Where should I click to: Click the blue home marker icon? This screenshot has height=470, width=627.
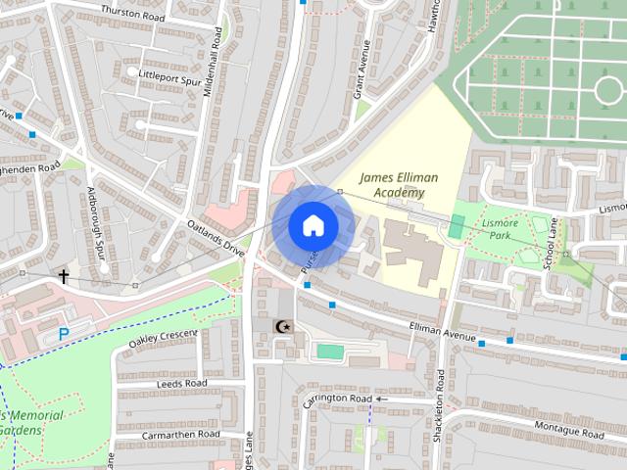[x=313, y=225]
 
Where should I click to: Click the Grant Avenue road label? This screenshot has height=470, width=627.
[x=362, y=63]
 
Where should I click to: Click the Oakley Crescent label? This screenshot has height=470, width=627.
[x=163, y=339]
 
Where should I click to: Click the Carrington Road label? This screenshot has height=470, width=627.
[x=338, y=399]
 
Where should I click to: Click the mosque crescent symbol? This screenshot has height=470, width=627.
[x=285, y=326]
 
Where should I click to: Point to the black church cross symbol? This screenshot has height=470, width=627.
[x=65, y=277]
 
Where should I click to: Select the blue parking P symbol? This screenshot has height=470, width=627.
[x=64, y=334]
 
